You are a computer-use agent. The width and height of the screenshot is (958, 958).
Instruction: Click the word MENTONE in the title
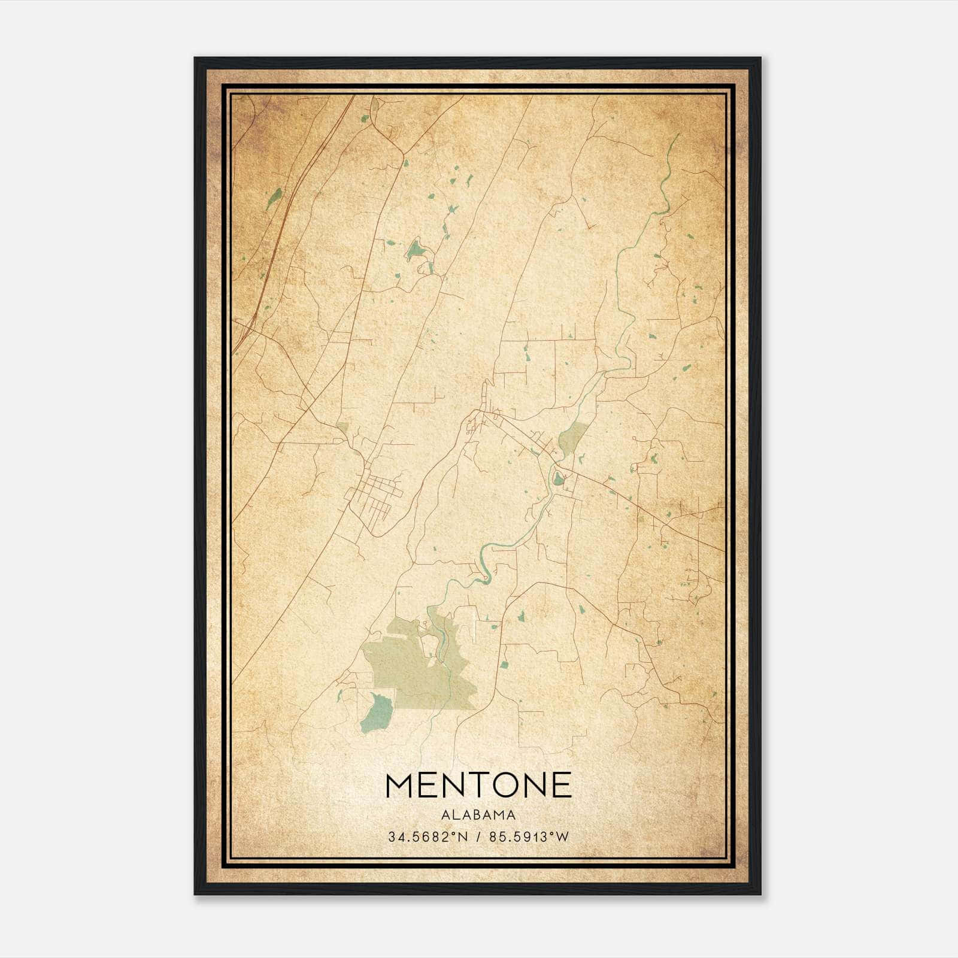click(478, 785)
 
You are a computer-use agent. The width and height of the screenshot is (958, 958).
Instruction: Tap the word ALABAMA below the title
click(478, 814)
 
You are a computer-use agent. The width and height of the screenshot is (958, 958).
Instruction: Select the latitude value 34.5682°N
click(427, 837)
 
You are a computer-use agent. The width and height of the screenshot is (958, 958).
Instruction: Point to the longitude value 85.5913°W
click(528, 837)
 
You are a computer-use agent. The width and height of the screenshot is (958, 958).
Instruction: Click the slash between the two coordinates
click(477, 837)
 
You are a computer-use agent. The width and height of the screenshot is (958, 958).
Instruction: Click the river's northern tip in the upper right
click(678, 137)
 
